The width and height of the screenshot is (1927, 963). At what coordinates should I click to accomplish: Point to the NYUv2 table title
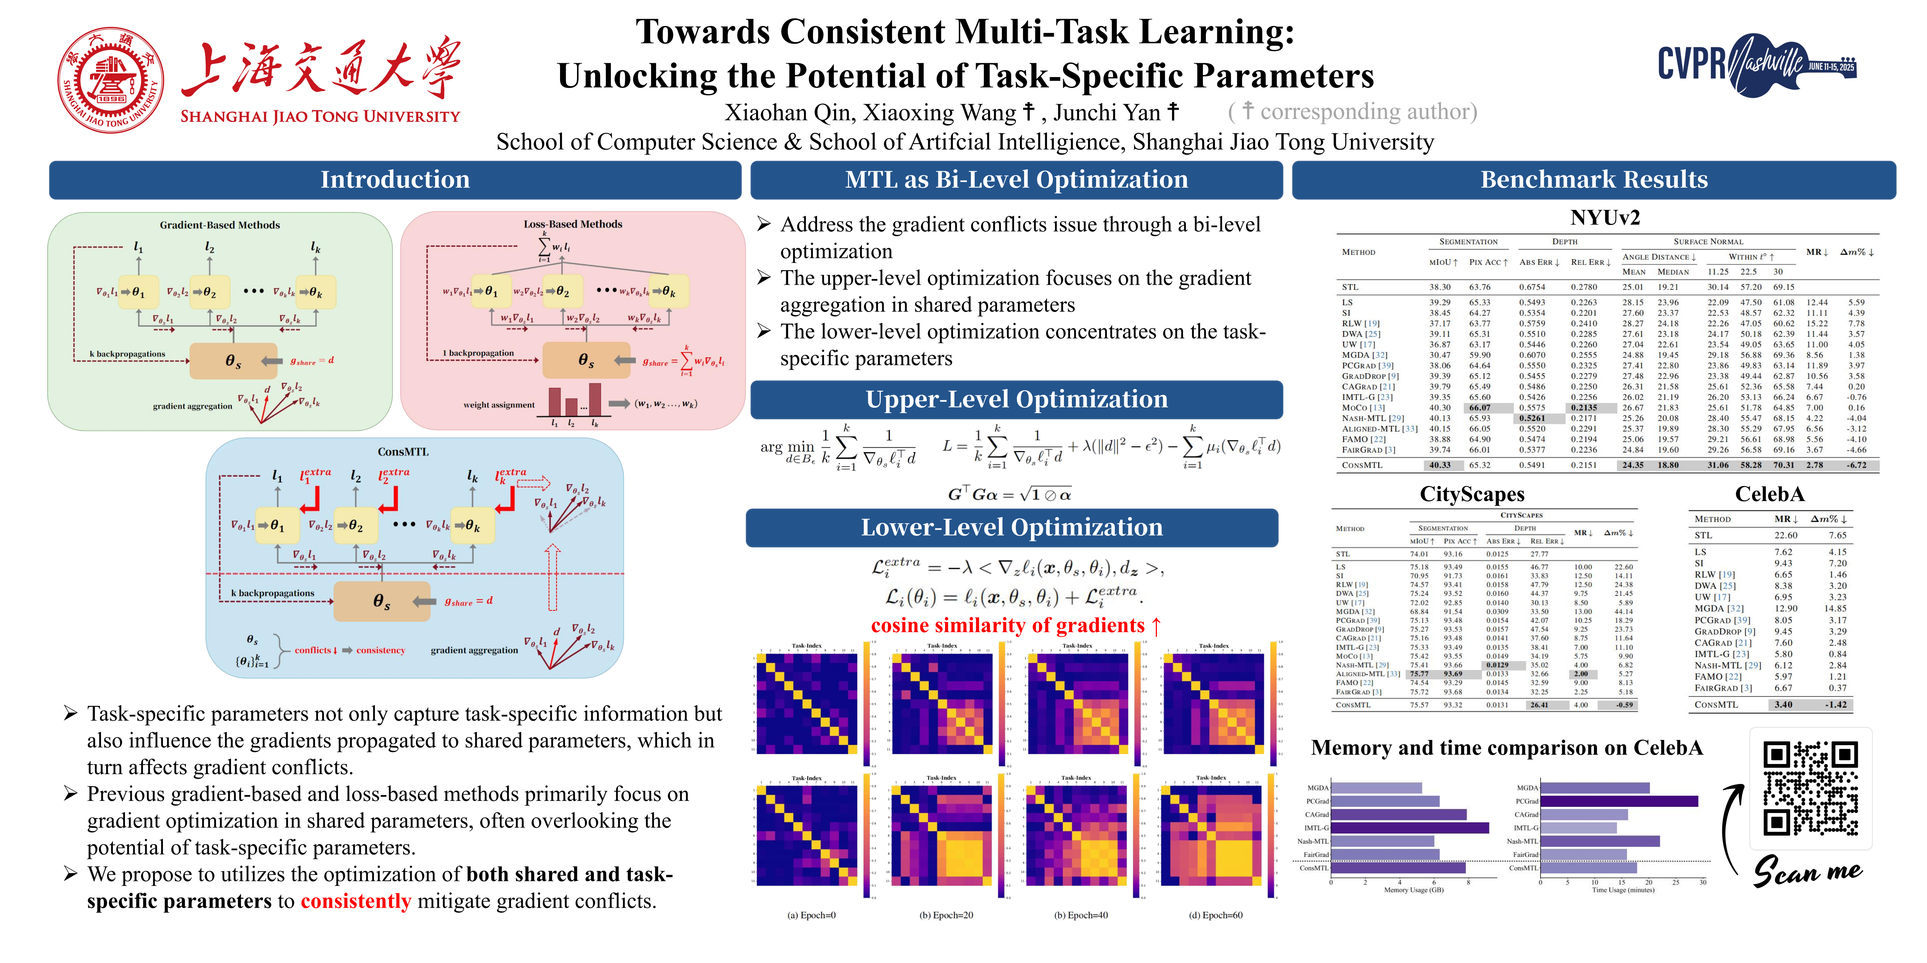point(1604,217)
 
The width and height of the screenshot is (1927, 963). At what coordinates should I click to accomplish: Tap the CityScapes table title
point(1472,494)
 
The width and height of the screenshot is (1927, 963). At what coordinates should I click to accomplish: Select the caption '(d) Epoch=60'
point(1216,915)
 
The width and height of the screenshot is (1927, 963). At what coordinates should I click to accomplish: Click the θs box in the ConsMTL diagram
point(382,601)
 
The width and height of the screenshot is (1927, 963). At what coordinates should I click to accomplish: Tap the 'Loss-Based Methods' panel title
point(573,224)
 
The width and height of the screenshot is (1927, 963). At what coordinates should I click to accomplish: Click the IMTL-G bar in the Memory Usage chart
point(1410,828)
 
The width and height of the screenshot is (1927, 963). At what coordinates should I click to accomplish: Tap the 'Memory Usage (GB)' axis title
point(1413,890)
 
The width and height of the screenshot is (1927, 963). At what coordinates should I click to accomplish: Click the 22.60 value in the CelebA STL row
point(1785,535)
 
